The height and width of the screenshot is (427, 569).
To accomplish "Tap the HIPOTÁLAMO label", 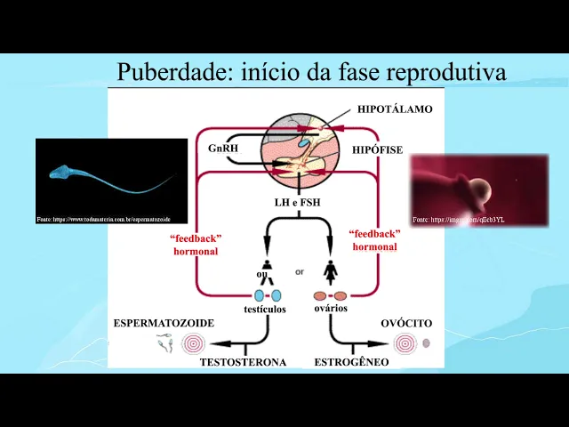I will [395, 109].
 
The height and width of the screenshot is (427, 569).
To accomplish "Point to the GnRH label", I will [223, 149].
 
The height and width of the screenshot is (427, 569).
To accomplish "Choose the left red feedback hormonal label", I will [196, 245].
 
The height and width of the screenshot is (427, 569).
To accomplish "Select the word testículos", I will [264, 309].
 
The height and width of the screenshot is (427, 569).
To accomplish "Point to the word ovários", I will [330, 308].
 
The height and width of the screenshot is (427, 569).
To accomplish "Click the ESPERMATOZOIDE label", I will [164, 322].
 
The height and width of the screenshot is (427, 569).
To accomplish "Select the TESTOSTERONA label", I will [243, 362].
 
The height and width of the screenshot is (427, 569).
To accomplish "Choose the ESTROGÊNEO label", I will [351, 362].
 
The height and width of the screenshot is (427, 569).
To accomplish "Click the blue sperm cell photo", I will [111, 181].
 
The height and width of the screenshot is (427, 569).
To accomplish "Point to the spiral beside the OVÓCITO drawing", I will [405, 342].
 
